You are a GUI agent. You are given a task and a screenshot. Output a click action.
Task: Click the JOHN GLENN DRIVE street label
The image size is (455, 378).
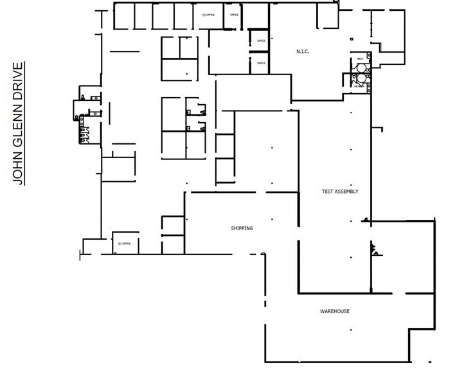[20, 123]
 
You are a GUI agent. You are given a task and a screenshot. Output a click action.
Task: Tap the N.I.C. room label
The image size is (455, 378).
[303, 51]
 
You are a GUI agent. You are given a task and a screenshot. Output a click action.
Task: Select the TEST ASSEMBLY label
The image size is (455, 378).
[340, 192]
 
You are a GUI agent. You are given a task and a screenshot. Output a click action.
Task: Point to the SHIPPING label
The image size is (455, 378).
[242, 228]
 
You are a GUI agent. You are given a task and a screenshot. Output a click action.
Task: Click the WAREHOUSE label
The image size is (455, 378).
[335, 311]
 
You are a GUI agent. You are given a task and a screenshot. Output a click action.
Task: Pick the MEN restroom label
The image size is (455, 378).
[360, 59]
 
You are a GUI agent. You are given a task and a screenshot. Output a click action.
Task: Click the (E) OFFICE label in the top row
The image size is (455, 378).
[208, 14]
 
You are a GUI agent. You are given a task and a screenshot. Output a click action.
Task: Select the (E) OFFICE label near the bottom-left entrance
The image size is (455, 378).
[124, 244]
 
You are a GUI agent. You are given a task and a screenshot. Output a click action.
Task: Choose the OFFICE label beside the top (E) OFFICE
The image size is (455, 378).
[234, 14]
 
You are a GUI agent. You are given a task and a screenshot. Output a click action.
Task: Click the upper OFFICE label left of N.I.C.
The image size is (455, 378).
[261, 40]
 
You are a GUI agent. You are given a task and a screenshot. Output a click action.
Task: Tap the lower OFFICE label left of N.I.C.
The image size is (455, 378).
[261, 63]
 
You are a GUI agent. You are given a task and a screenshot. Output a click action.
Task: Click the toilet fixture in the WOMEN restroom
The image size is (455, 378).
[361, 78]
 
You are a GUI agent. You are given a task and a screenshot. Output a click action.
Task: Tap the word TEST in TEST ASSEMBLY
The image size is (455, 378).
[327, 192]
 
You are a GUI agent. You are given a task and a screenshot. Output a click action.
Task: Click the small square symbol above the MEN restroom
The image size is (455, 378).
[352, 40]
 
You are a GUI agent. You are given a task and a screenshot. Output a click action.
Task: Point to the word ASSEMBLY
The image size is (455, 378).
[346, 192]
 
